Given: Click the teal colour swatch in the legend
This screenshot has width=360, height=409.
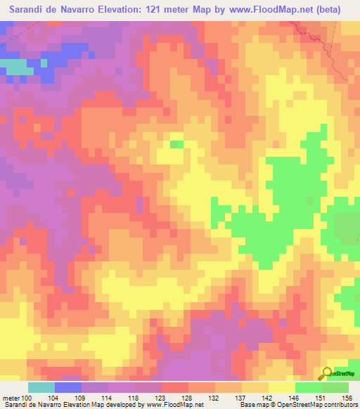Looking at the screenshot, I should (41, 387).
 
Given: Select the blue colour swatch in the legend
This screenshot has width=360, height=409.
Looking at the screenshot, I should (68, 387).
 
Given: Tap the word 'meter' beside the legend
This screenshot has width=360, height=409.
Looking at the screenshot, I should (8, 397).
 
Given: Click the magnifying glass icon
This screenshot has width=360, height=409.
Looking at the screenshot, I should (328, 373).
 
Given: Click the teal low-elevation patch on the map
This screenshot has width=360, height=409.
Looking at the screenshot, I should (17, 65).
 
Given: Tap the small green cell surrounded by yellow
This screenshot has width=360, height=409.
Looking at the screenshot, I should (176, 144).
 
